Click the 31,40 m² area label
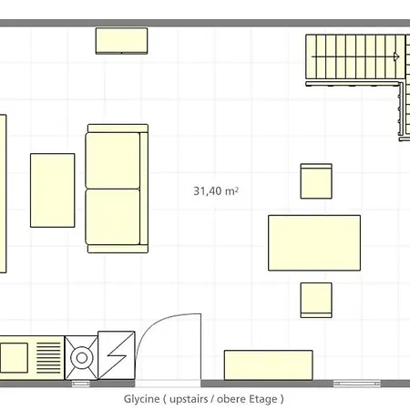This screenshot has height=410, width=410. (216, 191)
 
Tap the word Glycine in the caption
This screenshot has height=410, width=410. (141, 399)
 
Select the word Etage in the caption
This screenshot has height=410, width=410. (263, 399)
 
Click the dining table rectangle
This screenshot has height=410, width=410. (314, 242)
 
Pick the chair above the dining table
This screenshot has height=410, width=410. (316, 181)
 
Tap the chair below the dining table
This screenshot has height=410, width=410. (316, 300)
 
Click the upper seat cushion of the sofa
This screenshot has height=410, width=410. (113, 160)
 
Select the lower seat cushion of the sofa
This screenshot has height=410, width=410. (113, 217)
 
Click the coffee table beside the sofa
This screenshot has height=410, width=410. (53, 190)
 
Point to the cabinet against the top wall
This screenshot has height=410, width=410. (121, 41)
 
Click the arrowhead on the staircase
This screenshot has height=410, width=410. (396, 56)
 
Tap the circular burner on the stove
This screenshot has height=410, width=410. (82, 358)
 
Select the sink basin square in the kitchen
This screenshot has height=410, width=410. (15, 358)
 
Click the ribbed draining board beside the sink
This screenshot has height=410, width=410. (48, 358)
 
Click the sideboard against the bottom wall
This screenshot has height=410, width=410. (269, 365)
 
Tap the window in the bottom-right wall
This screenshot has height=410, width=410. (357, 384)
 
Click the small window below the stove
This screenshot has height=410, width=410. (81, 384)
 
